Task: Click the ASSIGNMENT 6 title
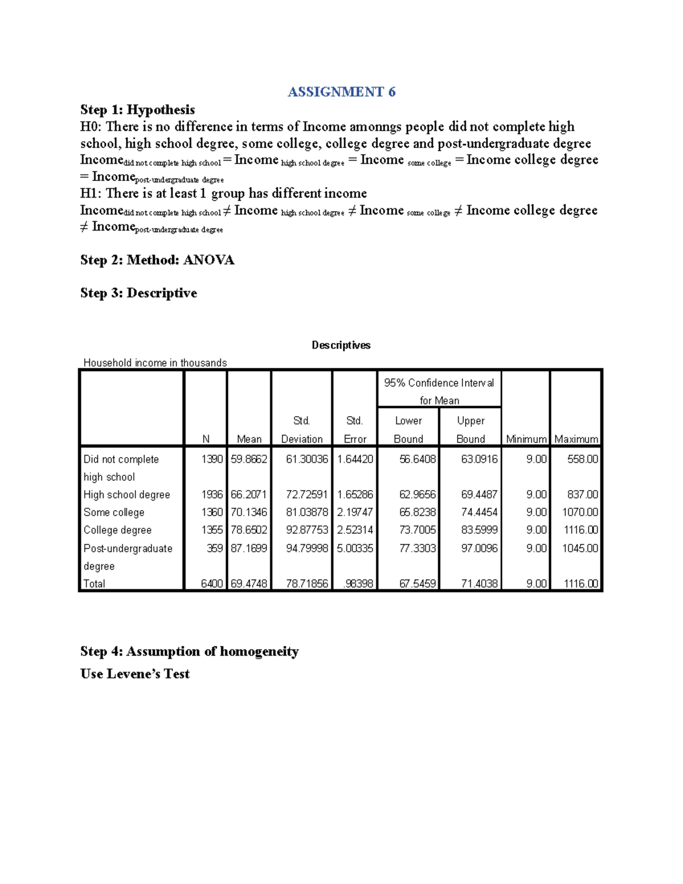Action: [341, 92]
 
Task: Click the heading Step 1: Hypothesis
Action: [137, 109]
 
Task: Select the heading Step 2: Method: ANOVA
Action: [157, 260]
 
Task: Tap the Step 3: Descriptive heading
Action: [138, 293]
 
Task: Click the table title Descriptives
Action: [341, 345]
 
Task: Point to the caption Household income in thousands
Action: [155, 363]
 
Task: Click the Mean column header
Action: [249, 439]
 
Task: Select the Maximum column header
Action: [576, 439]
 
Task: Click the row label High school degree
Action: [126, 495]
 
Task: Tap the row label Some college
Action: [114, 512]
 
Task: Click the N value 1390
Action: [212, 459]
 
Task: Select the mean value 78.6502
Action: [249, 530]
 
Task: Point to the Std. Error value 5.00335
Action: [355, 548]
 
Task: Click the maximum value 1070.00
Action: [580, 512]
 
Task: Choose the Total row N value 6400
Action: [212, 583]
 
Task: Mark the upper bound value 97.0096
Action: [479, 548]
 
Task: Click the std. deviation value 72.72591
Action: [307, 495]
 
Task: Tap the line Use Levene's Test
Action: [135, 674]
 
